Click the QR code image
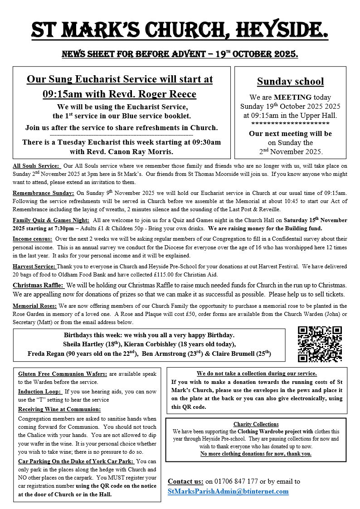pyautogui.click(x=320, y=344)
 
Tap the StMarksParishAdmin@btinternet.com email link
pyautogui.click(x=228, y=491)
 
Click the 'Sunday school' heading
pyautogui.click(x=290, y=82)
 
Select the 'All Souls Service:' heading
pyautogui.click(x=36, y=167)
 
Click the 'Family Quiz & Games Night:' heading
pyautogui.click(x=50, y=220)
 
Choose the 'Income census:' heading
pyautogui.click(x=32, y=239)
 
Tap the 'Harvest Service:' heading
pyautogui.click(x=34, y=267)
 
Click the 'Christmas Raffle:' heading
pyautogui.click(x=39, y=285)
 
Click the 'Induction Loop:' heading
pyautogui.click(x=40, y=392)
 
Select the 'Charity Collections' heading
pyautogui.click(x=256, y=424)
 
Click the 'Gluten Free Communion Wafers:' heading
pyautogui.click(x=63, y=374)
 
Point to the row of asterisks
pyautogui.click(x=290, y=123)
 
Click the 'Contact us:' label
pyautogui.click(x=185, y=481)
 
